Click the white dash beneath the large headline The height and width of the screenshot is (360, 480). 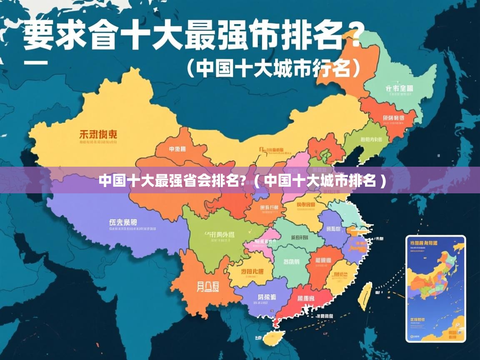[36, 63]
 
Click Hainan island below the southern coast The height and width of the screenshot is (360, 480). [275, 337]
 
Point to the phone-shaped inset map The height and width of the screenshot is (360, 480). [435, 288]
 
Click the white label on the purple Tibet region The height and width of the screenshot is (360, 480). [122, 222]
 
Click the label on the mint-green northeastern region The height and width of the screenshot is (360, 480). [399, 88]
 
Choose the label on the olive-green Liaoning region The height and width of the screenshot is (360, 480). [372, 140]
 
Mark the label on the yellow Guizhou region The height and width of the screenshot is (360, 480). [252, 271]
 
